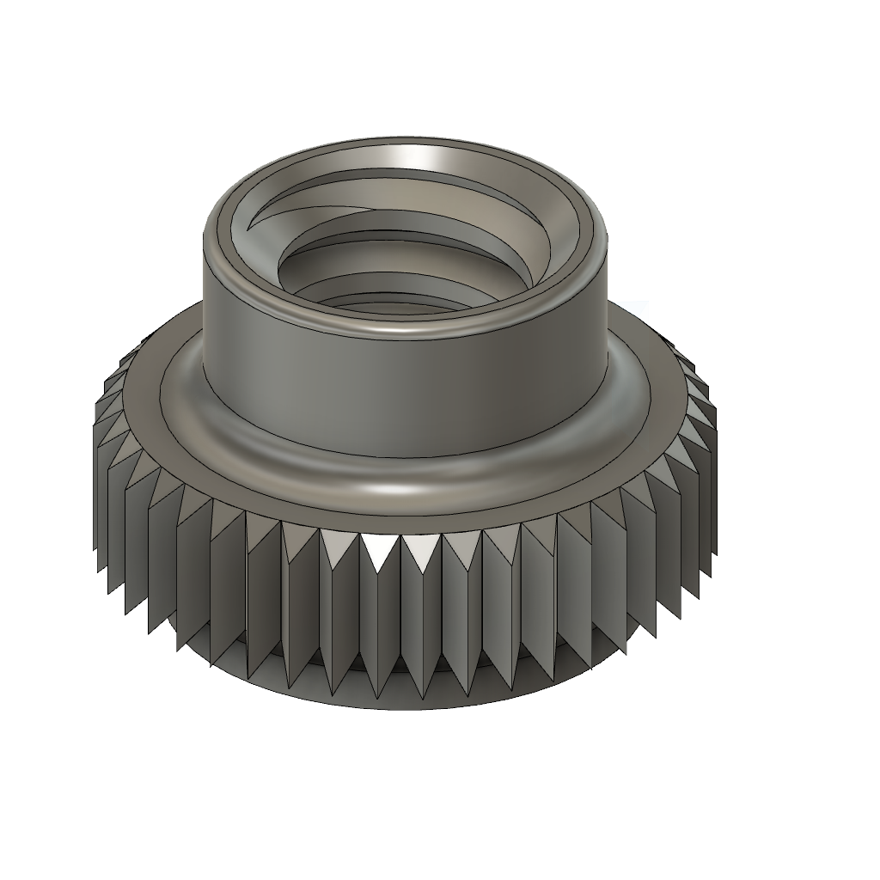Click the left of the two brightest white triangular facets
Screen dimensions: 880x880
379,550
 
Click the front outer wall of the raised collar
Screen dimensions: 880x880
404,395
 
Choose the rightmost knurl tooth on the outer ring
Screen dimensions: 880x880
710,481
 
